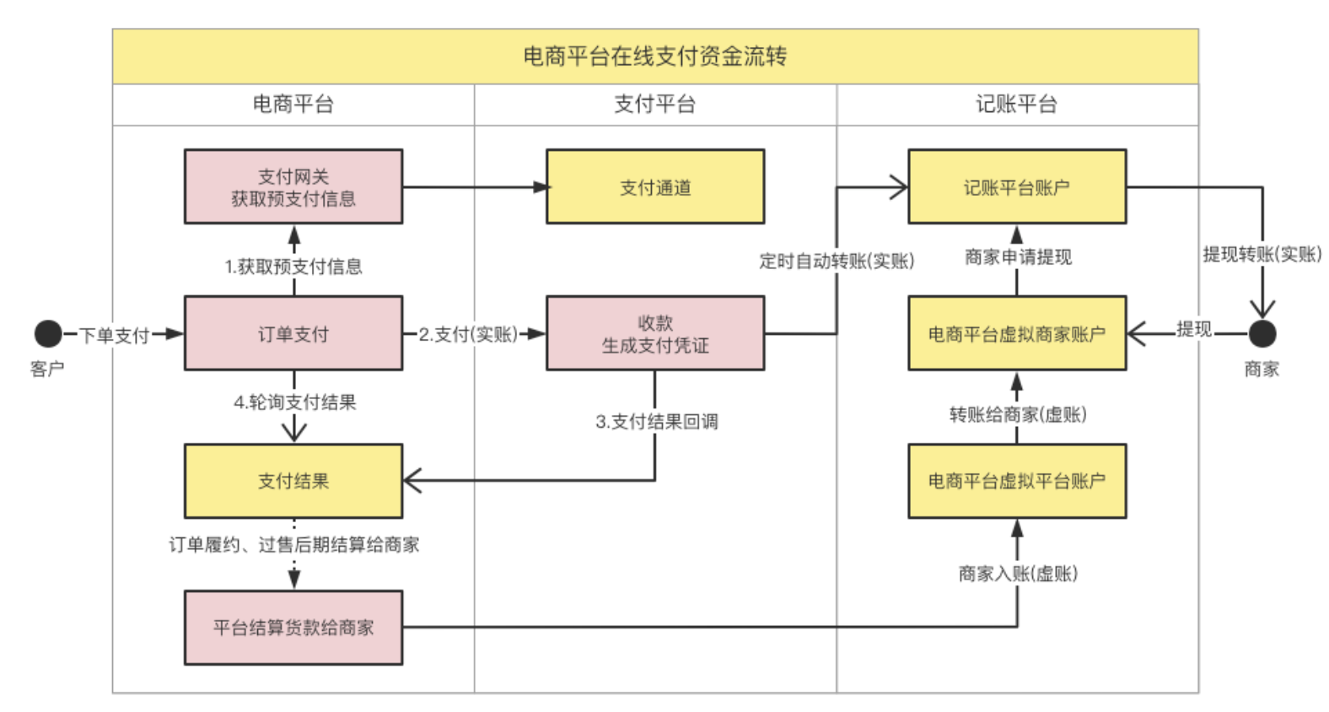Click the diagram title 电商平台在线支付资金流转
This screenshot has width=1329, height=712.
click(655, 57)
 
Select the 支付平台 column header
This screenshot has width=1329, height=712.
click(655, 105)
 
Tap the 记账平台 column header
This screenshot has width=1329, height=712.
click(1016, 105)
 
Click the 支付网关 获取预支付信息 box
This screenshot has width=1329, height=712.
click(293, 187)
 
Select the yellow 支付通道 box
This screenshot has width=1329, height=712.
click(655, 187)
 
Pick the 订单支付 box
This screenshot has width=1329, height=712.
click(293, 334)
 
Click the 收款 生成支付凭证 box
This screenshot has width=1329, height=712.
click(655, 334)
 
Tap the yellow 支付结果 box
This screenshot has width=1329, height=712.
click(293, 481)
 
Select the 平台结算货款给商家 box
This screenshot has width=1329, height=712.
click(293, 628)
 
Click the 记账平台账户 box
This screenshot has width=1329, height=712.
click(1016, 187)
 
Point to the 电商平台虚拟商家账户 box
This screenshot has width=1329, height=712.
click(1016, 334)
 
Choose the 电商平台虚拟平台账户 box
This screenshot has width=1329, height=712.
click(1016, 481)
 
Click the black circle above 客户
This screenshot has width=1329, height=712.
click(48, 333)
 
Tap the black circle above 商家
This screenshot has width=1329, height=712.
click(1262, 333)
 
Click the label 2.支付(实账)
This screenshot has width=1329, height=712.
click(469, 335)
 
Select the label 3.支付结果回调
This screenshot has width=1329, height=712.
click(657, 422)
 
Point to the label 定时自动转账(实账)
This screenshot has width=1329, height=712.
click(837, 262)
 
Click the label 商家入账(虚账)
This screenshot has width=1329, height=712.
click(1018, 574)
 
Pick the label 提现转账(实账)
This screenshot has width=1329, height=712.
click(1262, 255)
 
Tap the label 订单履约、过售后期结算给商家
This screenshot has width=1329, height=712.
click(293, 545)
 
